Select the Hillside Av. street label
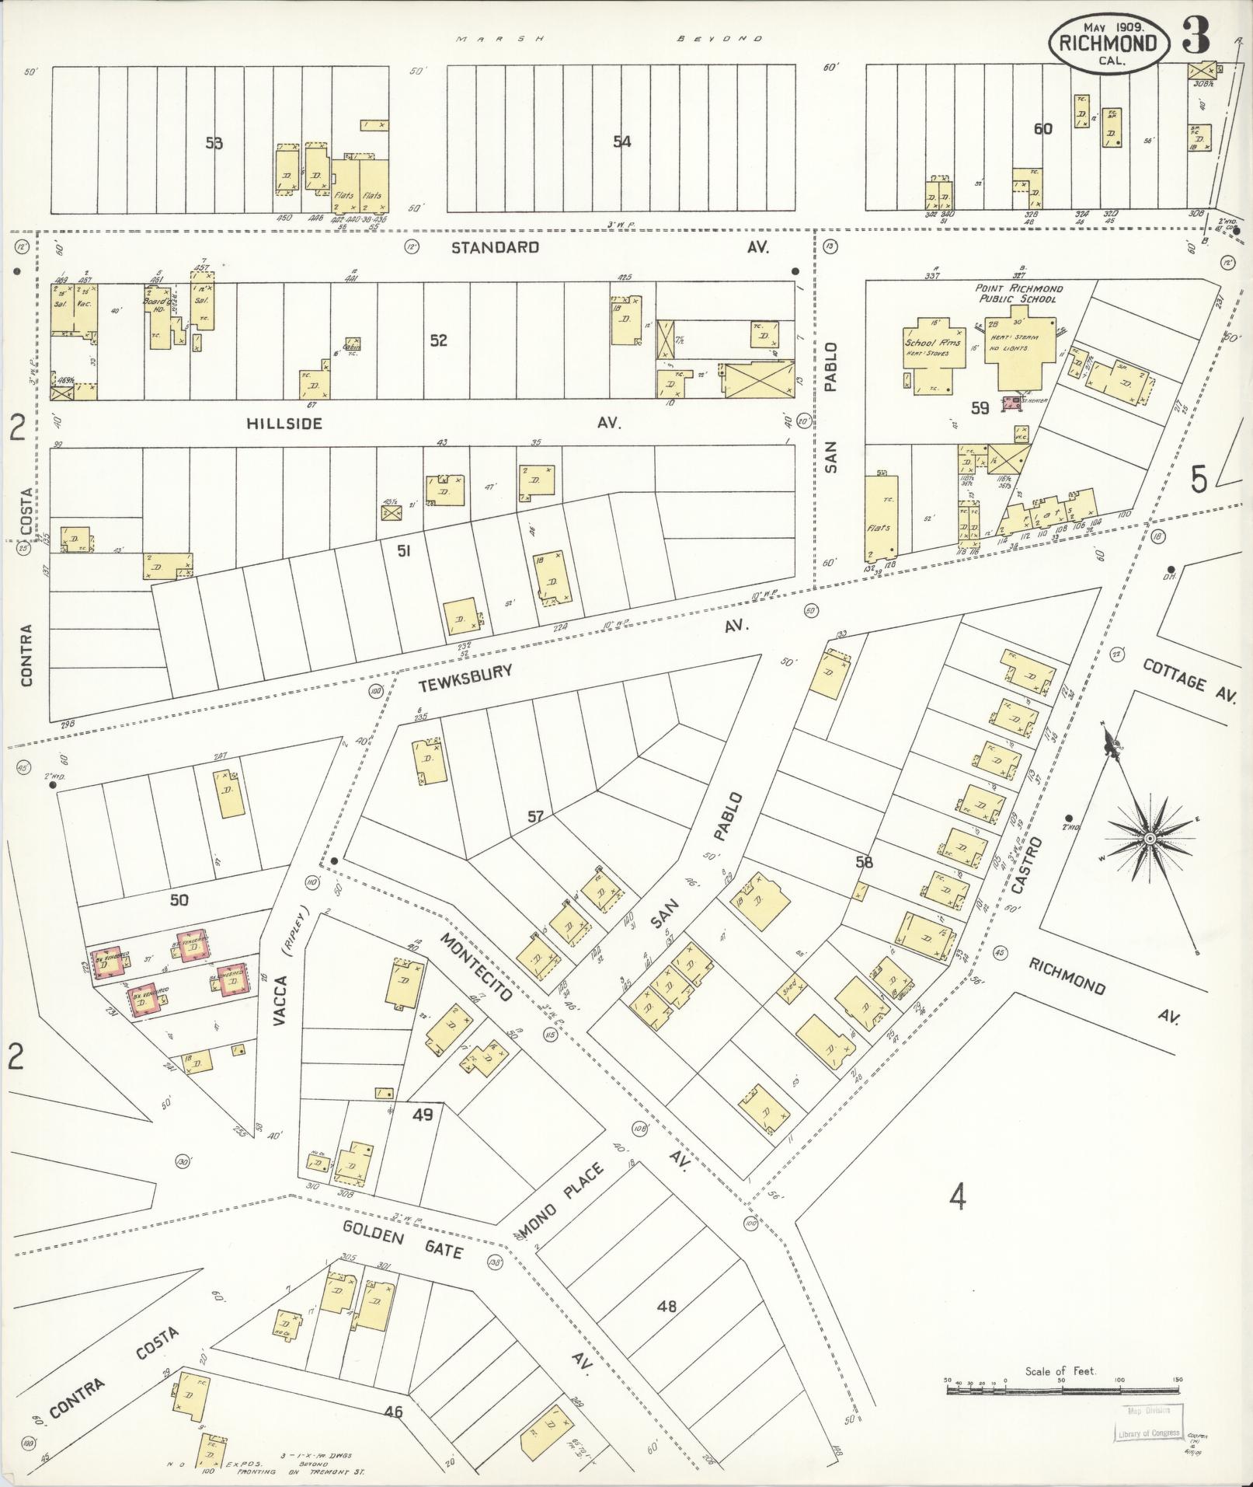[x=284, y=424]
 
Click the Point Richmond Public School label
[x=1019, y=294]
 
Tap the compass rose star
[x=1149, y=838]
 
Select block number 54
[x=621, y=141]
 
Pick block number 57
[x=535, y=816]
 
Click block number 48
[x=667, y=1307]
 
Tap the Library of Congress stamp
[x=1147, y=1424]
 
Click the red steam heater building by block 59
[x=1011, y=403]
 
